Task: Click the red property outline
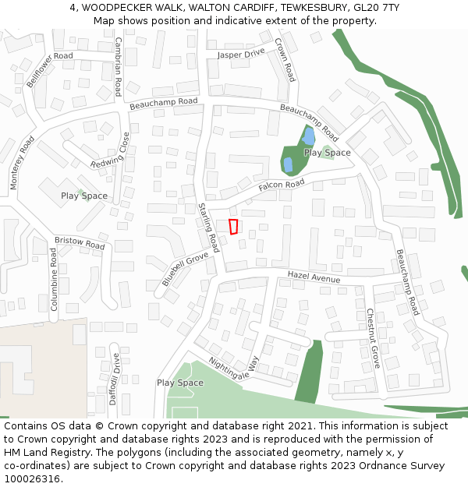click(233, 227)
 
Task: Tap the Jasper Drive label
click(241, 55)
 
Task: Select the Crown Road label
click(285, 60)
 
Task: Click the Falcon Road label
click(282, 185)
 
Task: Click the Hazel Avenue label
click(314, 277)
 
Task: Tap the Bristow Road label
click(80, 243)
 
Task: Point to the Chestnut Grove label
click(373, 338)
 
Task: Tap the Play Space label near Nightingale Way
click(180, 383)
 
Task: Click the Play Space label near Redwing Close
click(84, 196)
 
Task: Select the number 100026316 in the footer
click(32, 479)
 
